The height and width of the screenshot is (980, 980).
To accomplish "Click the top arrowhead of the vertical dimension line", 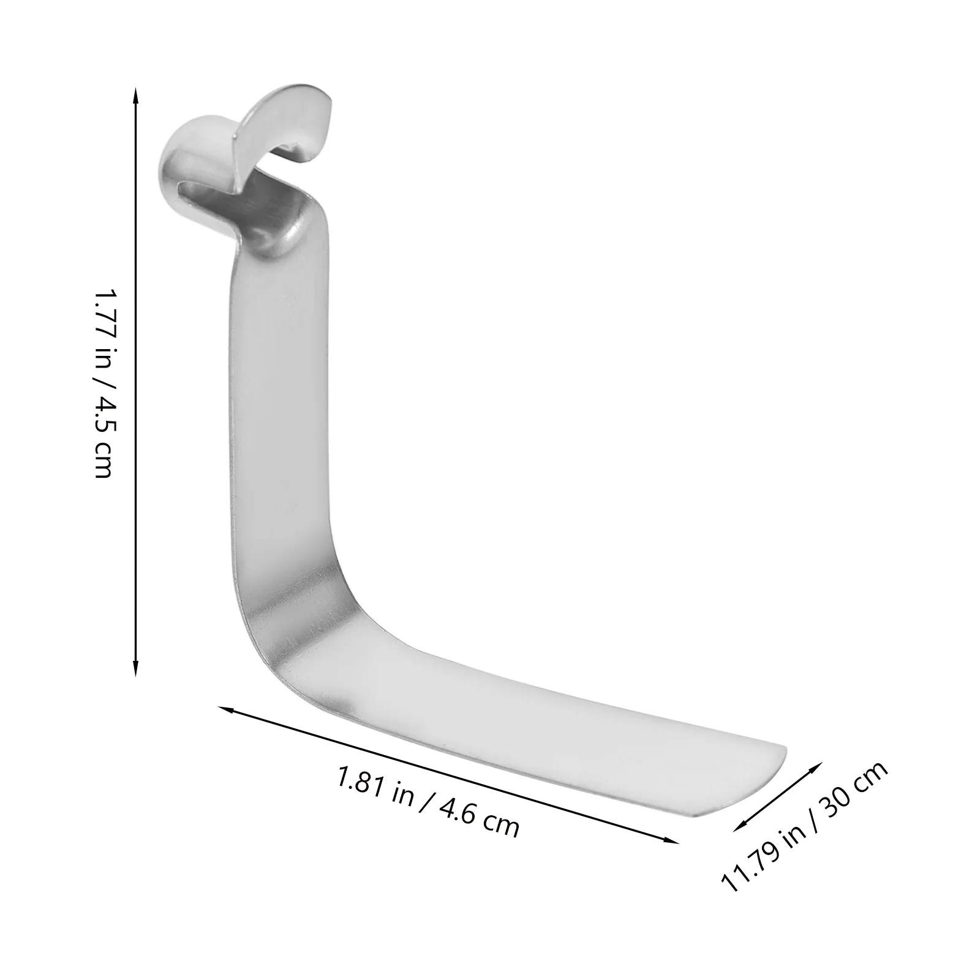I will point(136,92).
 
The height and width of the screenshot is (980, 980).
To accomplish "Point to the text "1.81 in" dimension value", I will point(374,786).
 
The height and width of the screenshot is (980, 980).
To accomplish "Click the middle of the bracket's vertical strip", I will point(282,398).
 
